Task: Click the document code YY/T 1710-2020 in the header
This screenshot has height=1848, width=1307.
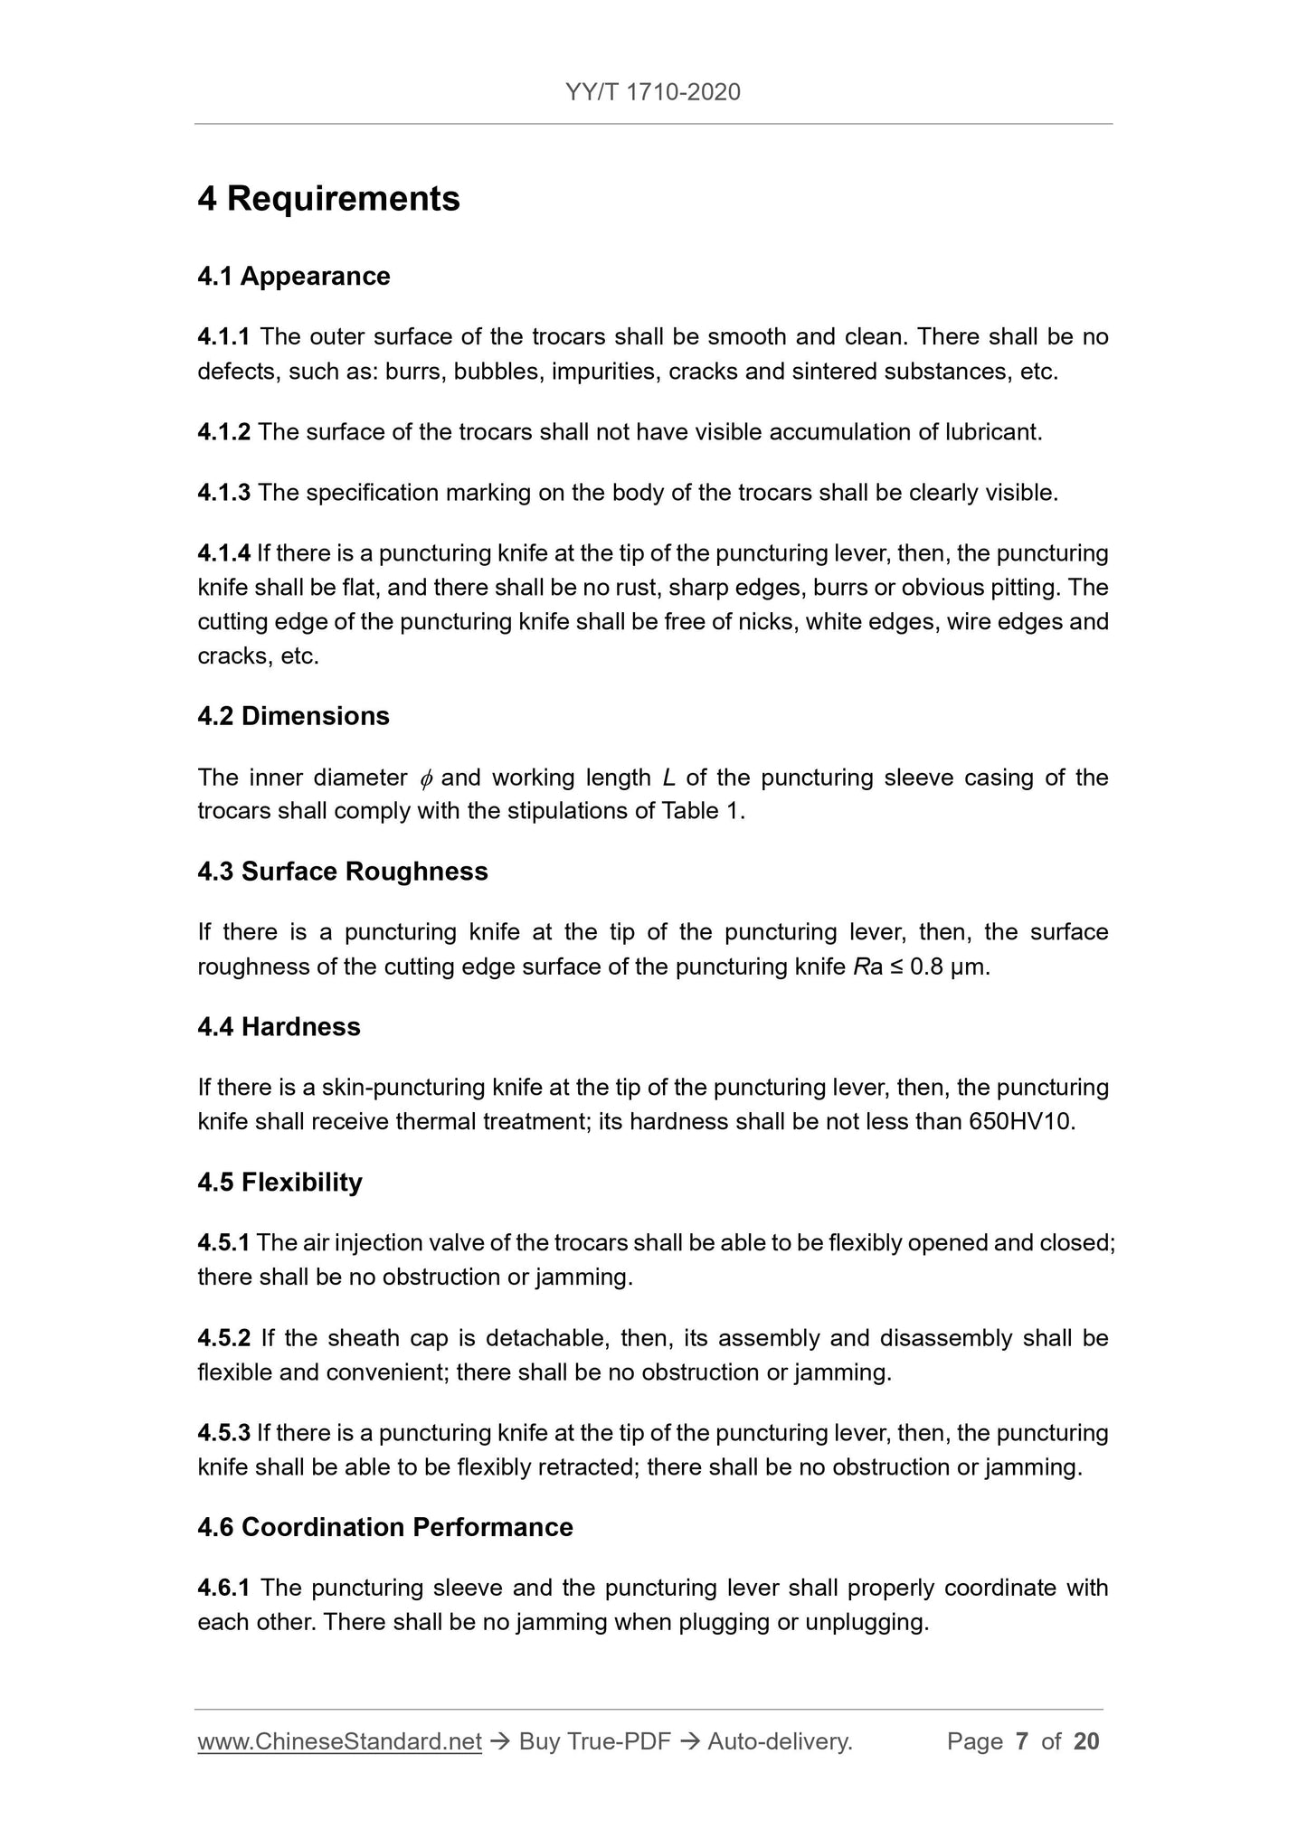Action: tap(652, 91)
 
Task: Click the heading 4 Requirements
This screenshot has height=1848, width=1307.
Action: tap(328, 199)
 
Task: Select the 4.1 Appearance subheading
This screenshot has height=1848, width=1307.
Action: tap(294, 276)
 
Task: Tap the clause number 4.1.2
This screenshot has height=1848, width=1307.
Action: tap(223, 432)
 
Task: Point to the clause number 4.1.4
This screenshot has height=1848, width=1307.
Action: tap(223, 553)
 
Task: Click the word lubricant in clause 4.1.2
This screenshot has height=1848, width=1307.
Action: tap(992, 432)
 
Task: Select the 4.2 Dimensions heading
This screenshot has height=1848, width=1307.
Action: tap(293, 716)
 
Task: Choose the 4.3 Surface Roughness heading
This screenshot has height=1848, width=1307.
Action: tap(343, 872)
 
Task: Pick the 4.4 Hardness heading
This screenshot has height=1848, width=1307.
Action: tap(279, 1027)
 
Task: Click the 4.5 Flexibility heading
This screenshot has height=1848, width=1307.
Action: tap(279, 1183)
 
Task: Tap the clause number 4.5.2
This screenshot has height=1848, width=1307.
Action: tap(223, 1338)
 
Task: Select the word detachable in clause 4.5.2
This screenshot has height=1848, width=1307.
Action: tap(544, 1338)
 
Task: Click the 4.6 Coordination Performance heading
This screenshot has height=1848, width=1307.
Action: tap(385, 1527)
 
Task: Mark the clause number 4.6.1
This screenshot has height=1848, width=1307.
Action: tap(223, 1588)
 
